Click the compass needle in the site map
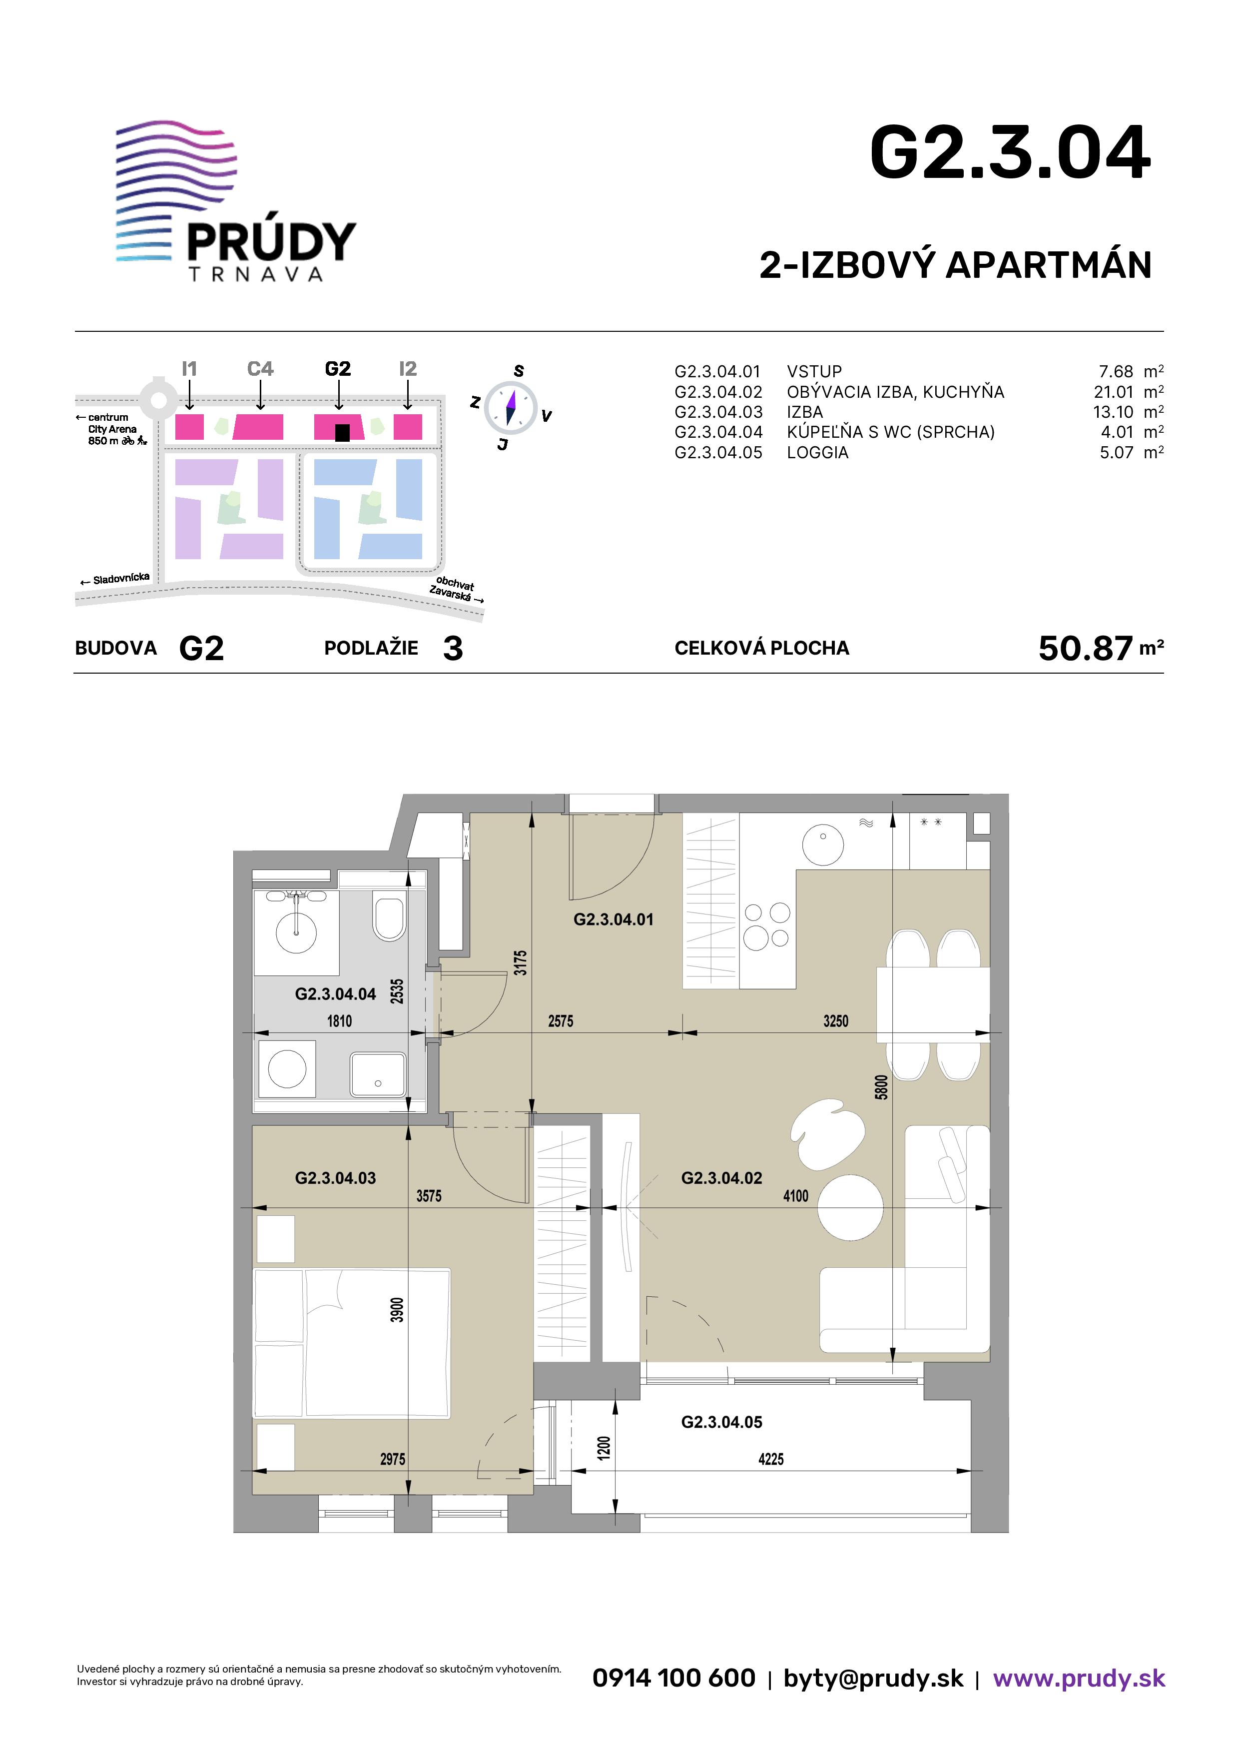[511, 407]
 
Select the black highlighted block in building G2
[343, 433]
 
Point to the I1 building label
[189, 369]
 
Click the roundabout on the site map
[158, 397]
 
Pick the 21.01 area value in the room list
[1114, 392]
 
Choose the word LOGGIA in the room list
[818, 453]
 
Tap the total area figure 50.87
[1085, 648]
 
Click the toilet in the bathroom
[389, 915]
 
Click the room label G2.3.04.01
[614, 920]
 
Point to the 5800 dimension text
[882, 1086]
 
